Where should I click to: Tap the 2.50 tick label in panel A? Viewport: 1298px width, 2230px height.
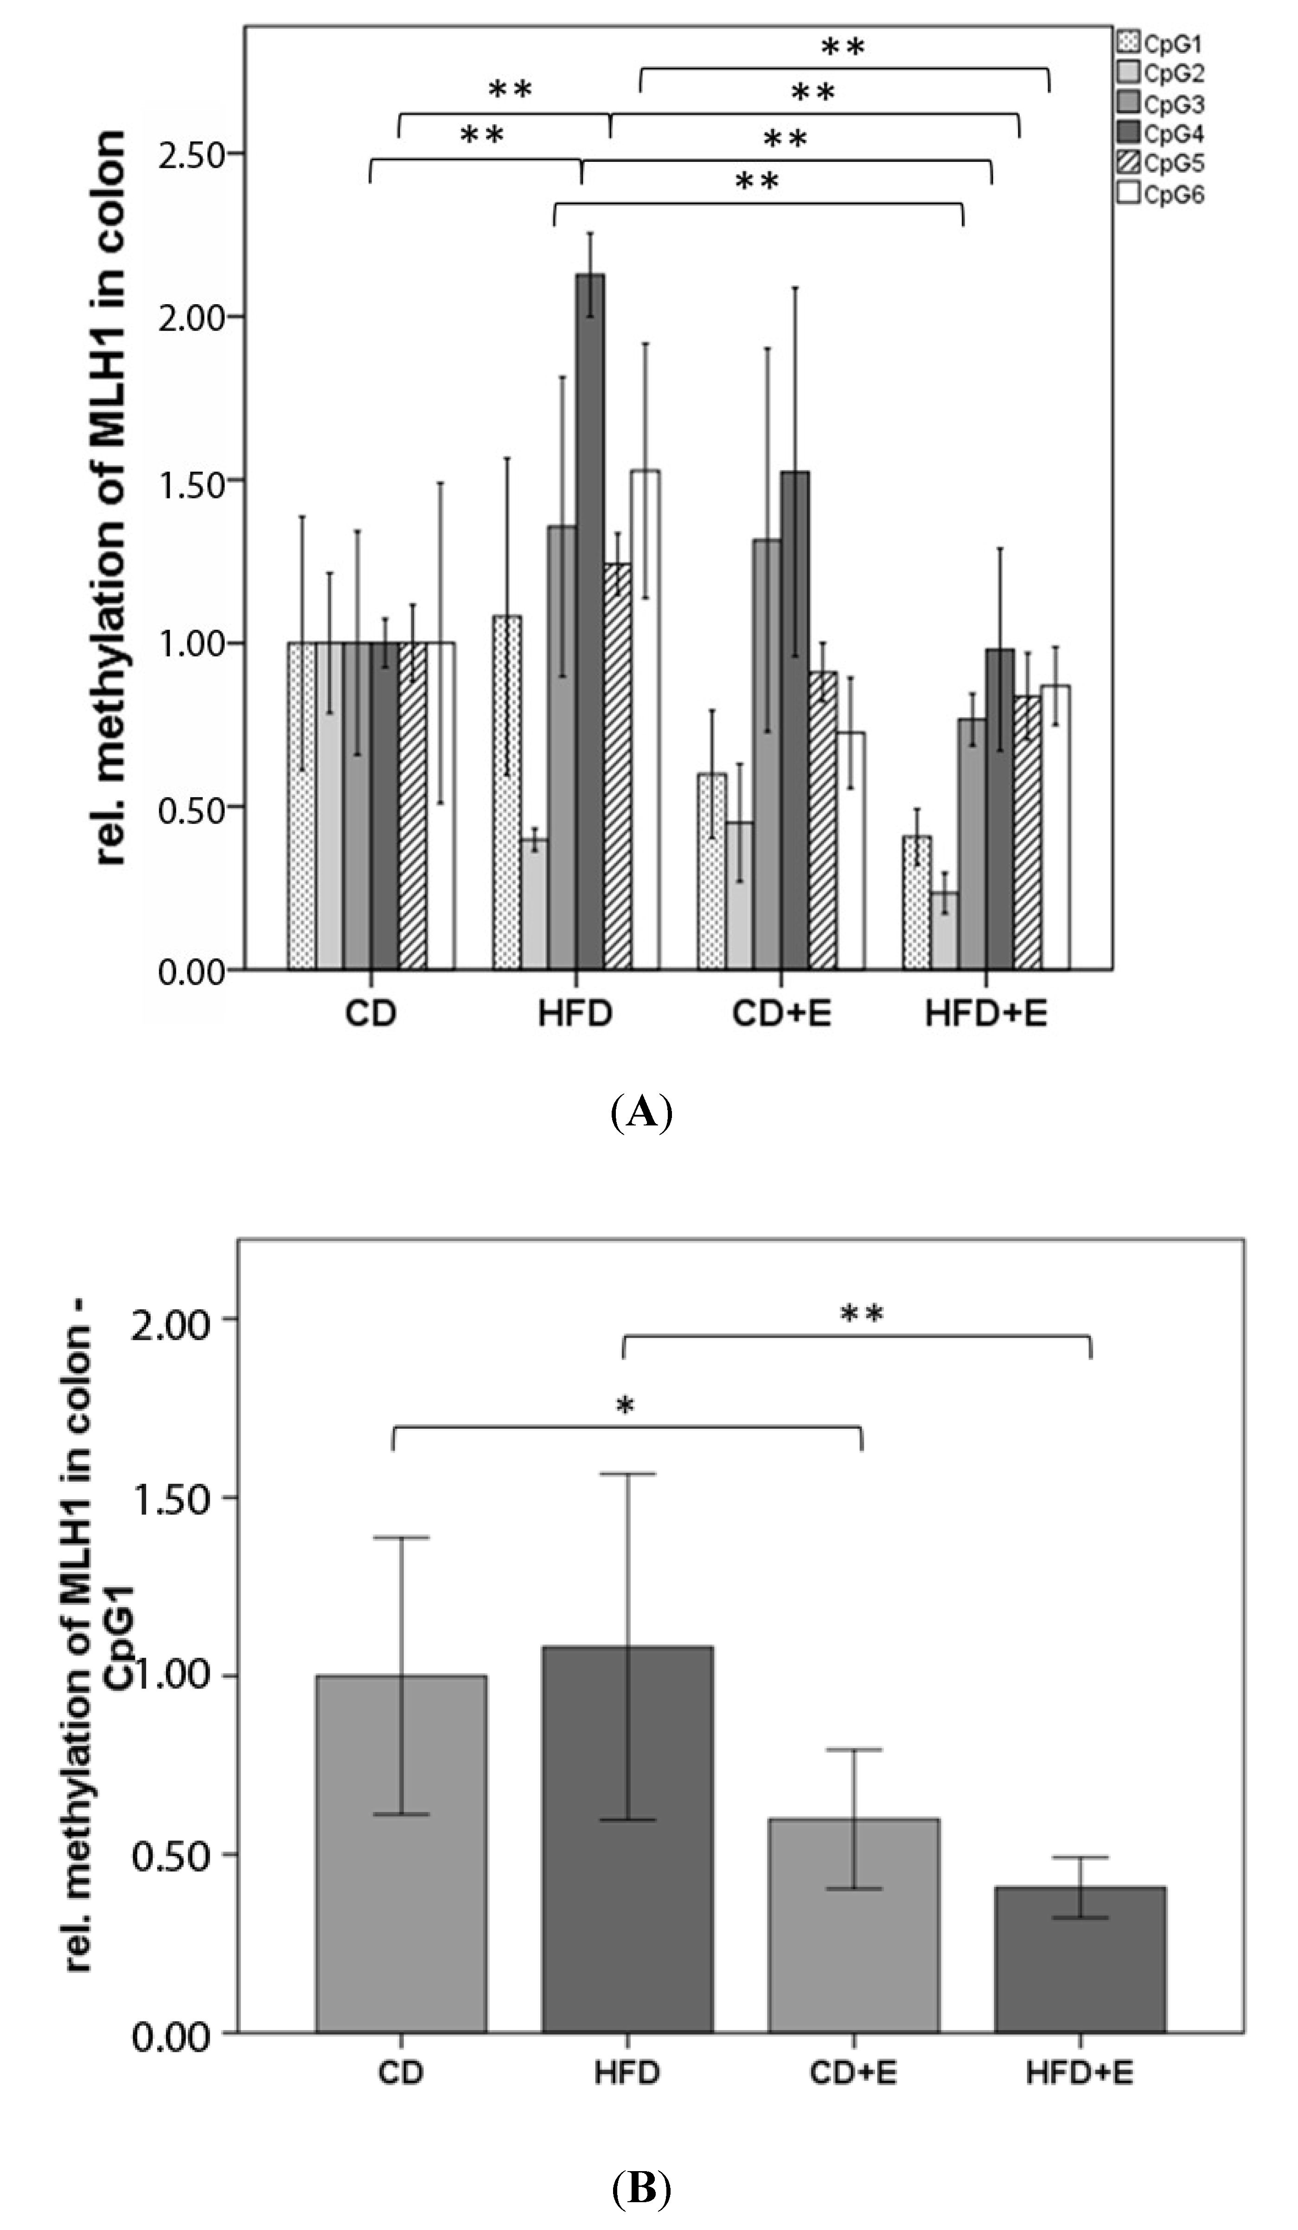coord(190,154)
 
